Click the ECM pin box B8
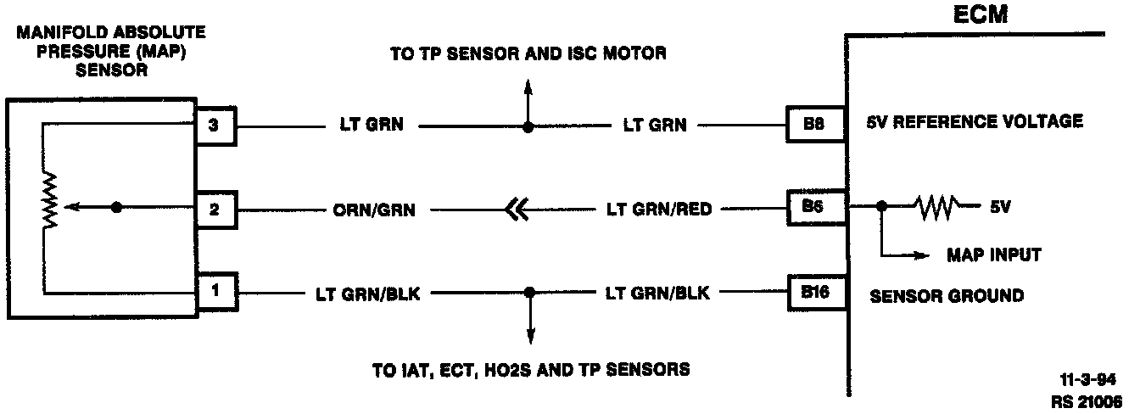pos(813,125)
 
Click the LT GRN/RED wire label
pos(658,209)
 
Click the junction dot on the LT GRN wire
pos(528,127)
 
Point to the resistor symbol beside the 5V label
pos(936,205)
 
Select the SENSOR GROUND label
pos(947,296)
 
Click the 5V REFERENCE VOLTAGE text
pos(975,121)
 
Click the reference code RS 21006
pos(1086,400)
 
